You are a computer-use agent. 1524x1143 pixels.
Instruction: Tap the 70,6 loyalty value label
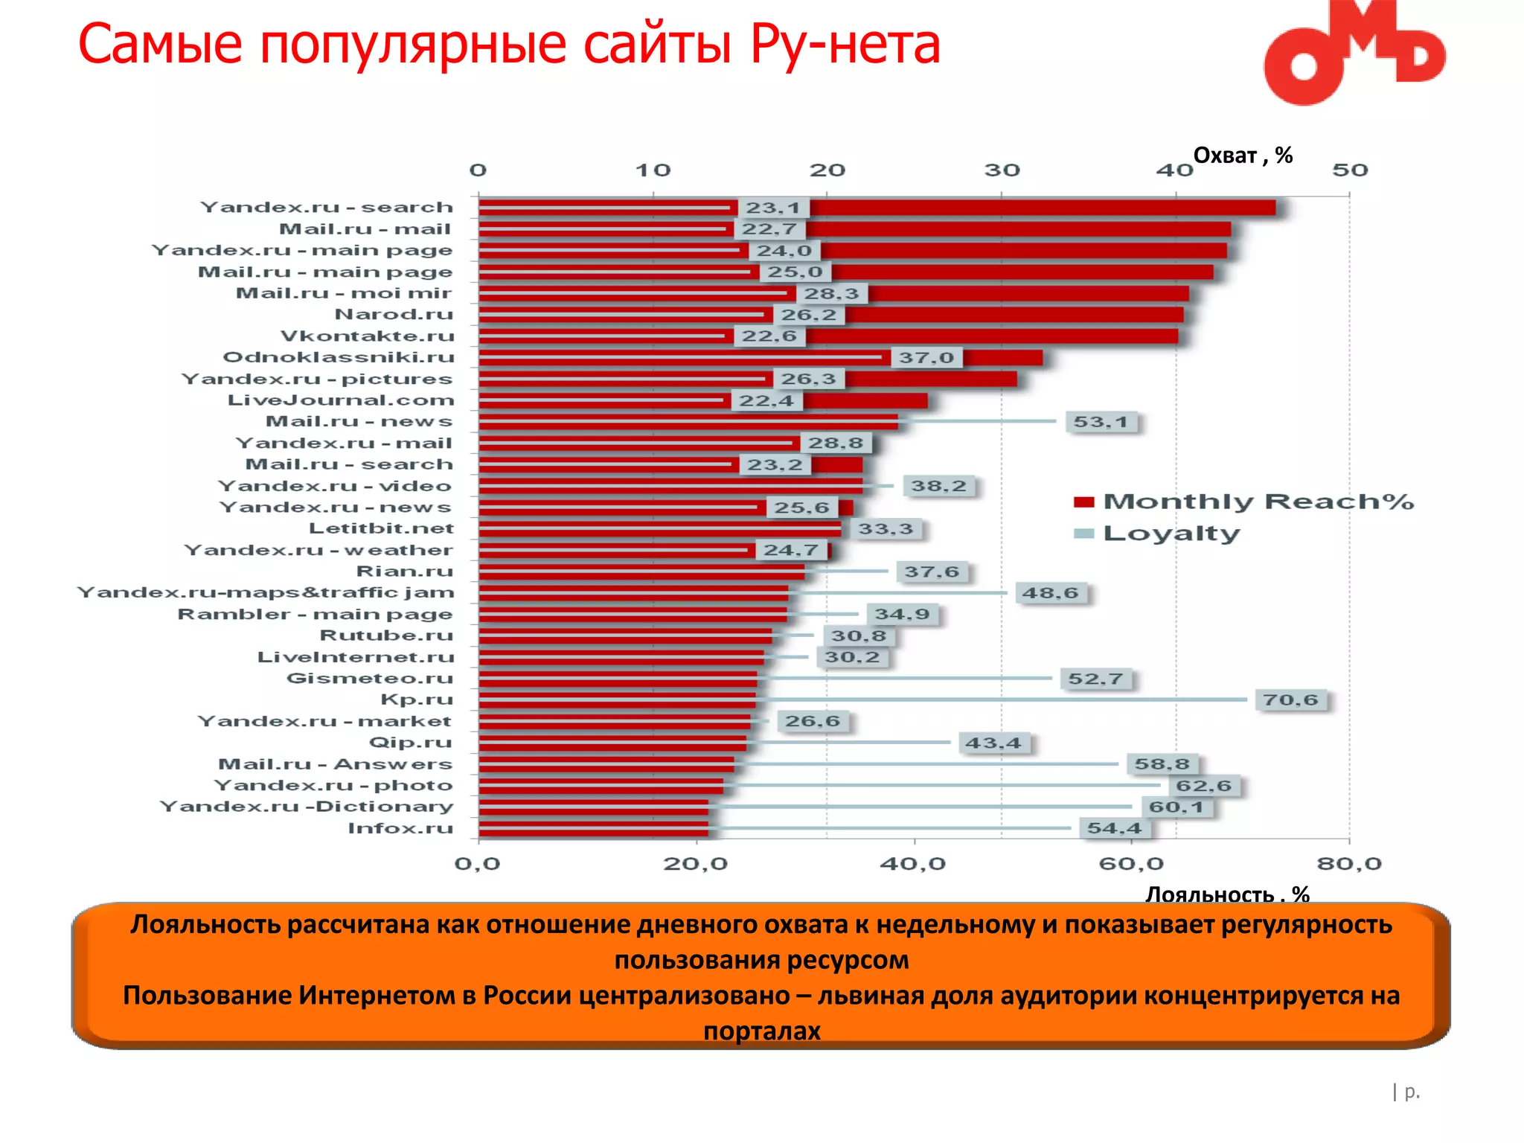pyautogui.click(x=1290, y=700)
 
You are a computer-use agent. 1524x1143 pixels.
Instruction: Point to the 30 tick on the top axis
pyautogui.click(x=1002, y=170)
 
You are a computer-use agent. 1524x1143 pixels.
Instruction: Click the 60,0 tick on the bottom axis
pyautogui.click(x=1131, y=864)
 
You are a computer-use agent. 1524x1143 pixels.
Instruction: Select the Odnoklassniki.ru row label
pyautogui.click(x=339, y=358)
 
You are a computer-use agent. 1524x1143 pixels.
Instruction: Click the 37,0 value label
pyautogui.click(x=926, y=358)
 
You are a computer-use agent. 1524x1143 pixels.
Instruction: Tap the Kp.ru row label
pyautogui.click(x=416, y=699)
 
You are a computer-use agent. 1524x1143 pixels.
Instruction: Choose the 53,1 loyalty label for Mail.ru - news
pyautogui.click(x=1100, y=422)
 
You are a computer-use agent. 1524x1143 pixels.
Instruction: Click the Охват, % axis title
pyautogui.click(x=1242, y=156)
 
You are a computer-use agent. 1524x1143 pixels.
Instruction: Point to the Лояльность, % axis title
pyautogui.click(x=1226, y=894)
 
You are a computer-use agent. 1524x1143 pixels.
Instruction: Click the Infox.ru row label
pyautogui.click(x=400, y=828)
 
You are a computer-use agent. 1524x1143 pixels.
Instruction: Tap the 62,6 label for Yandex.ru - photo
pyautogui.click(x=1203, y=786)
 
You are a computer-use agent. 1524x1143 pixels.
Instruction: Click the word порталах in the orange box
pyautogui.click(x=761, y=1031)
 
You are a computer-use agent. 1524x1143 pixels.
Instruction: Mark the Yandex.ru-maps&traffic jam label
pyautogui.click(x=266, y=593)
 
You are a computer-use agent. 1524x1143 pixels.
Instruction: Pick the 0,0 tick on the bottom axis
pyautogui.click(x=477, y=864)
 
